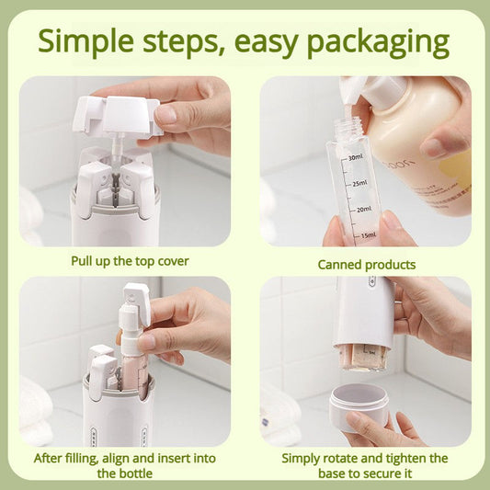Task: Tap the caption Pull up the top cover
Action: pyautogui.click(x=130, y=261)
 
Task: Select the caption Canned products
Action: pyautogui.click(x=366, y=265)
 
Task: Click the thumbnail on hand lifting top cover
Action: pyautogui.click(x=166, y=115)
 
